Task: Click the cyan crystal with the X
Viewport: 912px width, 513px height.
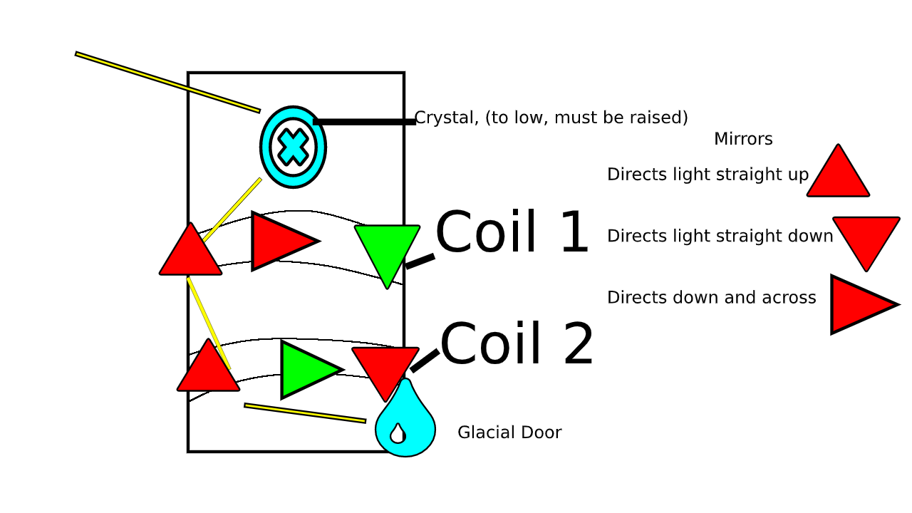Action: point(293,147)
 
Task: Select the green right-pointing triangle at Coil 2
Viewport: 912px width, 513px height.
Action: point(306,369)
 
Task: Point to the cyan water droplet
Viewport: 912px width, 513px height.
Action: point(405,424)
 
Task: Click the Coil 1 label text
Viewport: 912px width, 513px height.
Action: point(512,233)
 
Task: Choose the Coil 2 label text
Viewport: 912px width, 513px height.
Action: point(517,346)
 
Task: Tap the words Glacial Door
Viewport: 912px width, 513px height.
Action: point(509,432)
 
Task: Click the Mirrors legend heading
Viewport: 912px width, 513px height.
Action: point(743,139)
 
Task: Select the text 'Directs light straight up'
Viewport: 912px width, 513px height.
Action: point(708,175)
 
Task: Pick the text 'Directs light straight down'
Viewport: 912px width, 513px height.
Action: point(720,236)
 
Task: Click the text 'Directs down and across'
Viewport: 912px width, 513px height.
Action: point(711,298)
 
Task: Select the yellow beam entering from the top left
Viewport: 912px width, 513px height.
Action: point(167,82)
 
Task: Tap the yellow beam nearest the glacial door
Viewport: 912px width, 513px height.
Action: point(305,413)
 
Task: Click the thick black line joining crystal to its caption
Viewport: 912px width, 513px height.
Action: point(364,122)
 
